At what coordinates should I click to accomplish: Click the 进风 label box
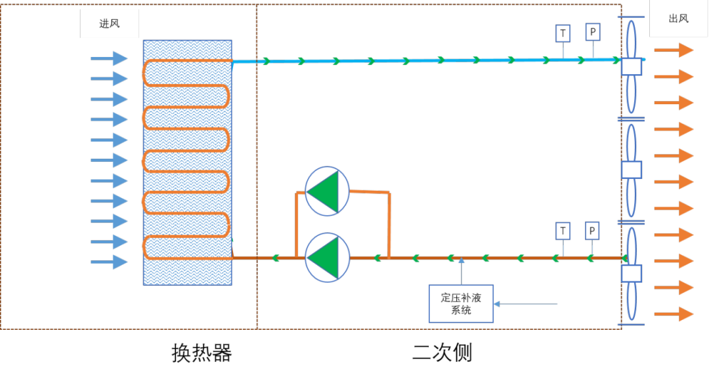[x=110, y=24]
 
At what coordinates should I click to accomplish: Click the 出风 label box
[x=678, y=18]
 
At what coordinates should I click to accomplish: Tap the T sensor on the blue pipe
[x=563, y=33]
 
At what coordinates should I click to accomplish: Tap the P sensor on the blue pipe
[x=593, y=31]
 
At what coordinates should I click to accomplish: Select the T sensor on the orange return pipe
[x=563, y=231]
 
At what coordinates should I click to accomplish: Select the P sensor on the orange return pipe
[x=592, y=231]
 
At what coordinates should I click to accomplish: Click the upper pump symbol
[x=328, y=191]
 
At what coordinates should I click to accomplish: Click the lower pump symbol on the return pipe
[x=328, y=258]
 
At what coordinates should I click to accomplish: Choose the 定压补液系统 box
[x=461, y=304]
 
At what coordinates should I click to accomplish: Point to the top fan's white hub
[x=631, y=67]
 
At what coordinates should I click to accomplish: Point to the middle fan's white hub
[x=631, y=170]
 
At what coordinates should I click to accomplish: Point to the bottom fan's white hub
[x=631, y=273]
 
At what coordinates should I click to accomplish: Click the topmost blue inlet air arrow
[x=109, y=58]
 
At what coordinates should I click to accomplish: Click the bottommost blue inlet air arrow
[x=109, y=262]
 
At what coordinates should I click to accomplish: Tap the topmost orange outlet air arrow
[x=674, y=50]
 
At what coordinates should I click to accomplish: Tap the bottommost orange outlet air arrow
[x=674, y=314]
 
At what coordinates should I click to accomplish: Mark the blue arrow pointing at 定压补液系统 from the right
[x=525, y=304]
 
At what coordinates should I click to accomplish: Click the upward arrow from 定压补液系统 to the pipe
[x=462, y=271]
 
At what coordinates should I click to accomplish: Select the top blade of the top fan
[x=631, y=39]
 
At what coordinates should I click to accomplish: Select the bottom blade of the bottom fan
[x=632, y=302]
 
